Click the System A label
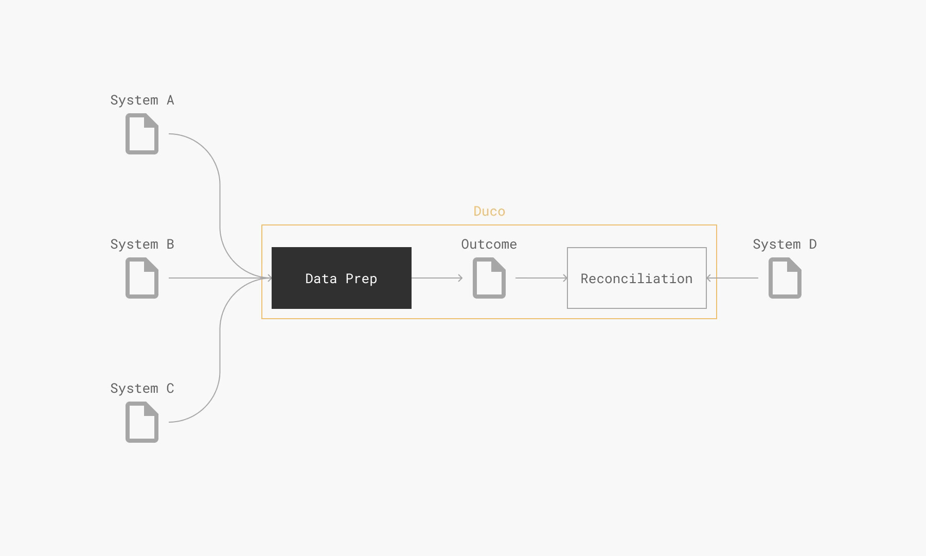tap(142, 100)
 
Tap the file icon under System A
tap(142, 134)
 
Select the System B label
tap(142, 245)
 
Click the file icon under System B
tap(142, 278)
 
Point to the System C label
tap(142, 389)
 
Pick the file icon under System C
tap(142, 422)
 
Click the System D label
tap(785, 245)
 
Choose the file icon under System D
tap(785, 278)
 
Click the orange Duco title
tap(489, 211)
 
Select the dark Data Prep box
tap(342, 278)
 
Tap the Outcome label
tap(489, 245)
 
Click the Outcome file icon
tap(489, 278)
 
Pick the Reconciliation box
tap(637, 278)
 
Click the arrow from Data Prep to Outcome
tap(437, 278)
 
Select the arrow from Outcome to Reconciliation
tap(542, 278)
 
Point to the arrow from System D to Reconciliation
tap(732, 278)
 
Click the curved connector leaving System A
tap(220, 206)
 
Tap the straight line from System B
tap(220, 278)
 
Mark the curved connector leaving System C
tap(220, 350)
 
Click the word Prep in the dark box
tap(361, 279)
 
